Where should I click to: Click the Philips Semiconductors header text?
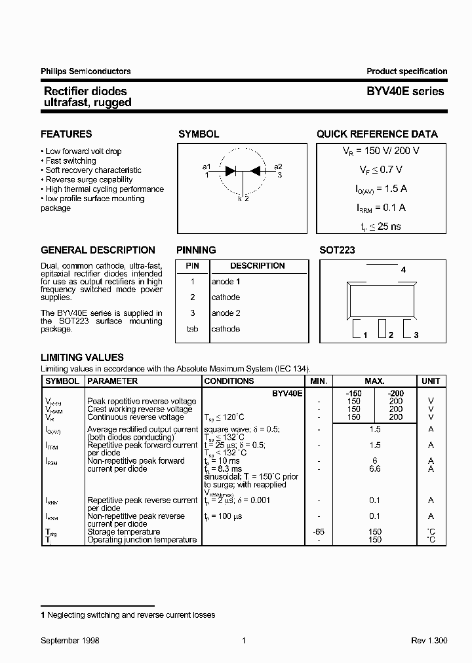pos(85,71)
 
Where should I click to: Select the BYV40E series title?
pos(405,92)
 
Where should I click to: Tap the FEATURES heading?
pos(66,134)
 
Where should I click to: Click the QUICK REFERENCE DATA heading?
pos(377,134)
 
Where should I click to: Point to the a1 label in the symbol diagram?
pos(206,166)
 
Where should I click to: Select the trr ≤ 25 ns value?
pos(376,227)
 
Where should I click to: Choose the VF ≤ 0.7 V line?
pos(376,170)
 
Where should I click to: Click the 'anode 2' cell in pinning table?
pos(226,313)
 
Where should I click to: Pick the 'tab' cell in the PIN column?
pos(192,329)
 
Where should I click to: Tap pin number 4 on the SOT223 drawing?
pos(403,270)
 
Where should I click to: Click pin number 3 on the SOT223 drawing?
pos(416,335)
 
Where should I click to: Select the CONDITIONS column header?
pos(229,381)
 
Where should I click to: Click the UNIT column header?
pos(431,381)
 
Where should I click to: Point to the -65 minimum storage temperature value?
pos(319,532)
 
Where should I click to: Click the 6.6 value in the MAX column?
pos(374,469)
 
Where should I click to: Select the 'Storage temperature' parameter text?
pos(123,532)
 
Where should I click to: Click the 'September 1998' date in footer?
pos(70,641)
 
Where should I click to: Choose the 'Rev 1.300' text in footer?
pos(429,641)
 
